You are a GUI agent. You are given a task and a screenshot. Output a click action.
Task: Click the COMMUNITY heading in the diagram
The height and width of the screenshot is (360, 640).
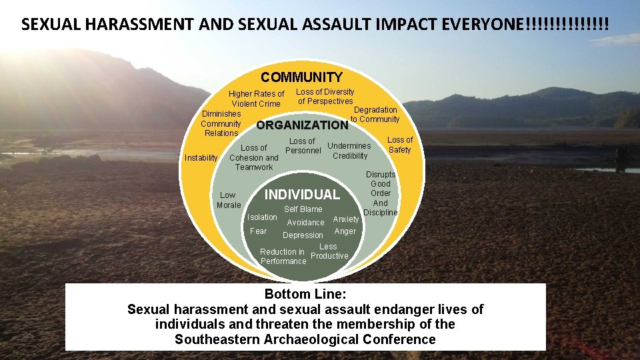301,77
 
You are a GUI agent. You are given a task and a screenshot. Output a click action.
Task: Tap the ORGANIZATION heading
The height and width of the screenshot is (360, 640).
302,125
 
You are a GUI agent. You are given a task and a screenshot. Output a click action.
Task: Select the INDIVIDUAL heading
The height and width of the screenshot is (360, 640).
302,195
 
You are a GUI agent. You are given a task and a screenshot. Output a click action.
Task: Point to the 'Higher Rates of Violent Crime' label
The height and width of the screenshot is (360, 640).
256,99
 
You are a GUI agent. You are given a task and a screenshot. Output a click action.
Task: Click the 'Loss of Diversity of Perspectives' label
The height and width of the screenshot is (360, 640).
325,96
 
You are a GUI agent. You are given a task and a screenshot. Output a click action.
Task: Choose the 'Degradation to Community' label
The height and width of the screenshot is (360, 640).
375,115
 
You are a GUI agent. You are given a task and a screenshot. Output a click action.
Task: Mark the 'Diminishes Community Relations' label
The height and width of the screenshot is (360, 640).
221,123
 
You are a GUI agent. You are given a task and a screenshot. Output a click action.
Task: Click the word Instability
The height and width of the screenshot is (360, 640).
200,158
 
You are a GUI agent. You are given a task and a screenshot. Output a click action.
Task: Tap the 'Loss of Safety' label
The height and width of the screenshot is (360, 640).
400,145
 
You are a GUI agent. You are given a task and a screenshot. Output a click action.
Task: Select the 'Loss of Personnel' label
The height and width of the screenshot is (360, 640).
303,146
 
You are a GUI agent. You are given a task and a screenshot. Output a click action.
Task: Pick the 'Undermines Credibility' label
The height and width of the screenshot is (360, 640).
349,151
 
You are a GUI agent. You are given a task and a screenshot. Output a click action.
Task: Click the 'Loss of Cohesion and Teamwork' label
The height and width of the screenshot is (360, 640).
254,157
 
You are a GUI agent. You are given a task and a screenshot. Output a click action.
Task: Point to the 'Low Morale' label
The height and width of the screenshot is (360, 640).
228,200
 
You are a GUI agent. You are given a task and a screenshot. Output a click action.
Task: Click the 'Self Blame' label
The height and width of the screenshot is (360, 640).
303,209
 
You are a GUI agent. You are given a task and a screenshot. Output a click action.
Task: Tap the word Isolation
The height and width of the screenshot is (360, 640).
262,217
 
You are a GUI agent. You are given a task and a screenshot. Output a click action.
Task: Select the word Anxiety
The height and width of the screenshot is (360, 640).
346,219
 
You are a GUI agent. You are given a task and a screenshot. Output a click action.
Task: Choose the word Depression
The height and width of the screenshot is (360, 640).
303,235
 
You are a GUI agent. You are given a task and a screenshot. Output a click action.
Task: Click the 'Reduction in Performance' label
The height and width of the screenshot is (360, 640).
283,257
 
